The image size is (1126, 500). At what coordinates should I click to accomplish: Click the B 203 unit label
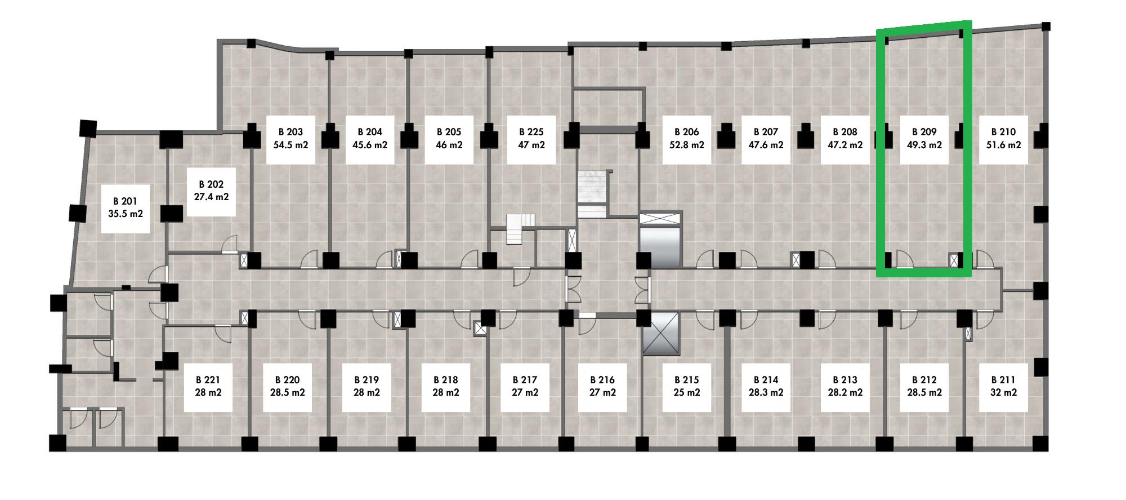pyautogui.click(x=291, y=132)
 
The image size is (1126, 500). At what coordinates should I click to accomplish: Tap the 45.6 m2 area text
pyautogui.click(x=370, y=145)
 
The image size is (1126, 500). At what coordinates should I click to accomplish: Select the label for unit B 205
pyautogui.click(x=449, y=132)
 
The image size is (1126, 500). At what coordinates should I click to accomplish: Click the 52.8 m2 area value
pyautogui.click(x=687, y=145)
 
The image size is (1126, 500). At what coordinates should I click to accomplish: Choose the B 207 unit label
pyautogui.click(x=766, y=132)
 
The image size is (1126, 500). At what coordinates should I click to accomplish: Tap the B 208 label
pyautogui.click(x=845, y=132)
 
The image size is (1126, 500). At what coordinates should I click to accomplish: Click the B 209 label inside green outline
pyautogui.click(x=924, y=132)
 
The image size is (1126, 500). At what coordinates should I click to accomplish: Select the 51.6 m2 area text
pyautogui.click(x=1003, y=145)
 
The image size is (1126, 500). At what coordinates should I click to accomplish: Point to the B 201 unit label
pyautogui.click(x=125, y=201)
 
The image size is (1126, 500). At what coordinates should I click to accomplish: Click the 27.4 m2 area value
pyautogui.click(x=211, y=197)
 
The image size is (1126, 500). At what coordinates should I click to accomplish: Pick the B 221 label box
pyautogui.click(x=208, y=387)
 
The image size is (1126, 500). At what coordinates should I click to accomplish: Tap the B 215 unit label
pyautogui.click(x=687, y=380)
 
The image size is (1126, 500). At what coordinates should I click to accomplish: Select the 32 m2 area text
pyautogui.click(x=1003, y=392)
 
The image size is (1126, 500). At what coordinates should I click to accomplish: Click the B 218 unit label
pyautogui.click(x=446, y=380)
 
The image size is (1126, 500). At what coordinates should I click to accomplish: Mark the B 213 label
pyautogui.click(x=845, y=380)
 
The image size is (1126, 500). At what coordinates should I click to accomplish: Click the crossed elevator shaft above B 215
pyautogui.click(x=661, y=334)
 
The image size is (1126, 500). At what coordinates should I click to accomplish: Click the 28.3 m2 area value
pyautogui.click(x=766, y=392)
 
